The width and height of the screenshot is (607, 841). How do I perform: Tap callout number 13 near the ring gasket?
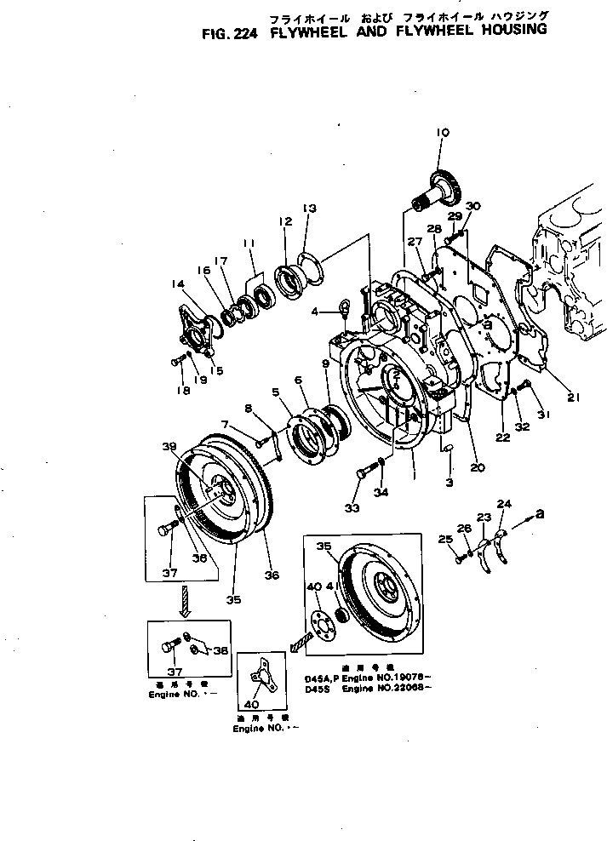pyautogui.click(x=308, y=208)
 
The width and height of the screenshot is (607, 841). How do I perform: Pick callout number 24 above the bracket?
pyautogui.click(x=504, y=504)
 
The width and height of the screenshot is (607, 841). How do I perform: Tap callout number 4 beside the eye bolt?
pyautogui.click(x=314, y=312)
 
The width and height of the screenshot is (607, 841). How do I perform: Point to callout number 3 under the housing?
pyautogui.click(x=448, y=483)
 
